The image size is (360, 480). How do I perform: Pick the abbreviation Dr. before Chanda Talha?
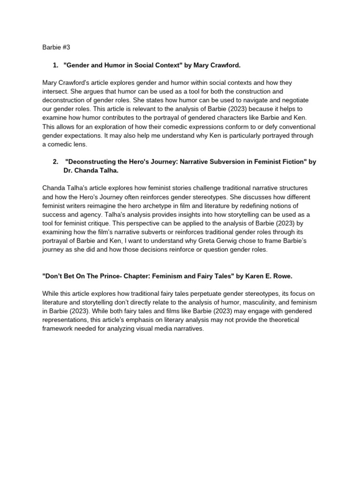pos(68,170)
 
